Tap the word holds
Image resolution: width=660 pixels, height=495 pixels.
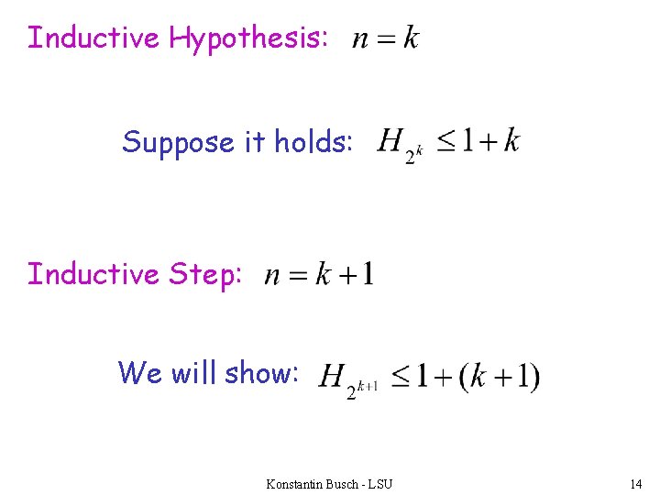point(313,142)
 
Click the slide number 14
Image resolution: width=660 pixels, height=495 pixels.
point(636,483)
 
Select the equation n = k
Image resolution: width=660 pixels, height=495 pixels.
point(386,38)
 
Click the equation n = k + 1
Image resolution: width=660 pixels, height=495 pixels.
point(318,274)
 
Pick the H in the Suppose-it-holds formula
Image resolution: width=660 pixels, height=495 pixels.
point(391,141)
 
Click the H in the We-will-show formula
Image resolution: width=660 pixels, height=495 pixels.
point(332,376)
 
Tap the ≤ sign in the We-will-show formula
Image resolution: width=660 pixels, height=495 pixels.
point(401,376)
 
